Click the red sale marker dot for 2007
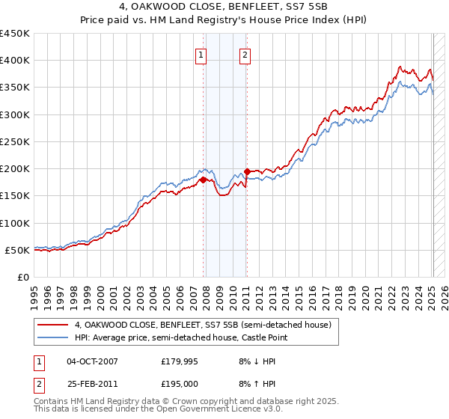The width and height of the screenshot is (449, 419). pyautogui.click(x=203, y=180)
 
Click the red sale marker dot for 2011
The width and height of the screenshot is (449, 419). pyautogui.click(x=246, y=171)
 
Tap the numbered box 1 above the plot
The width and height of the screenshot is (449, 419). pyautogui.click(x=202, y=54)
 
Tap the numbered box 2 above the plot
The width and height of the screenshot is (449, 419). pyautogui.click(x=245, y=54)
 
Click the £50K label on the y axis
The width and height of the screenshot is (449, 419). pyautogui.click(x=17, y=250)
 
